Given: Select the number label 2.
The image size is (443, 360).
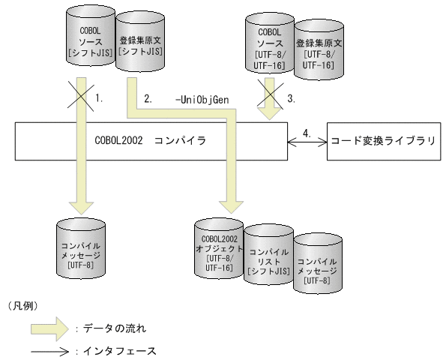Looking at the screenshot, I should [x=148, y=98].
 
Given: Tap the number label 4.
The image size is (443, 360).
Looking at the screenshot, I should [x=306, y=132].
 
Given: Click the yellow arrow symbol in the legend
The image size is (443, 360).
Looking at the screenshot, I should [x=52, y=328].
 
